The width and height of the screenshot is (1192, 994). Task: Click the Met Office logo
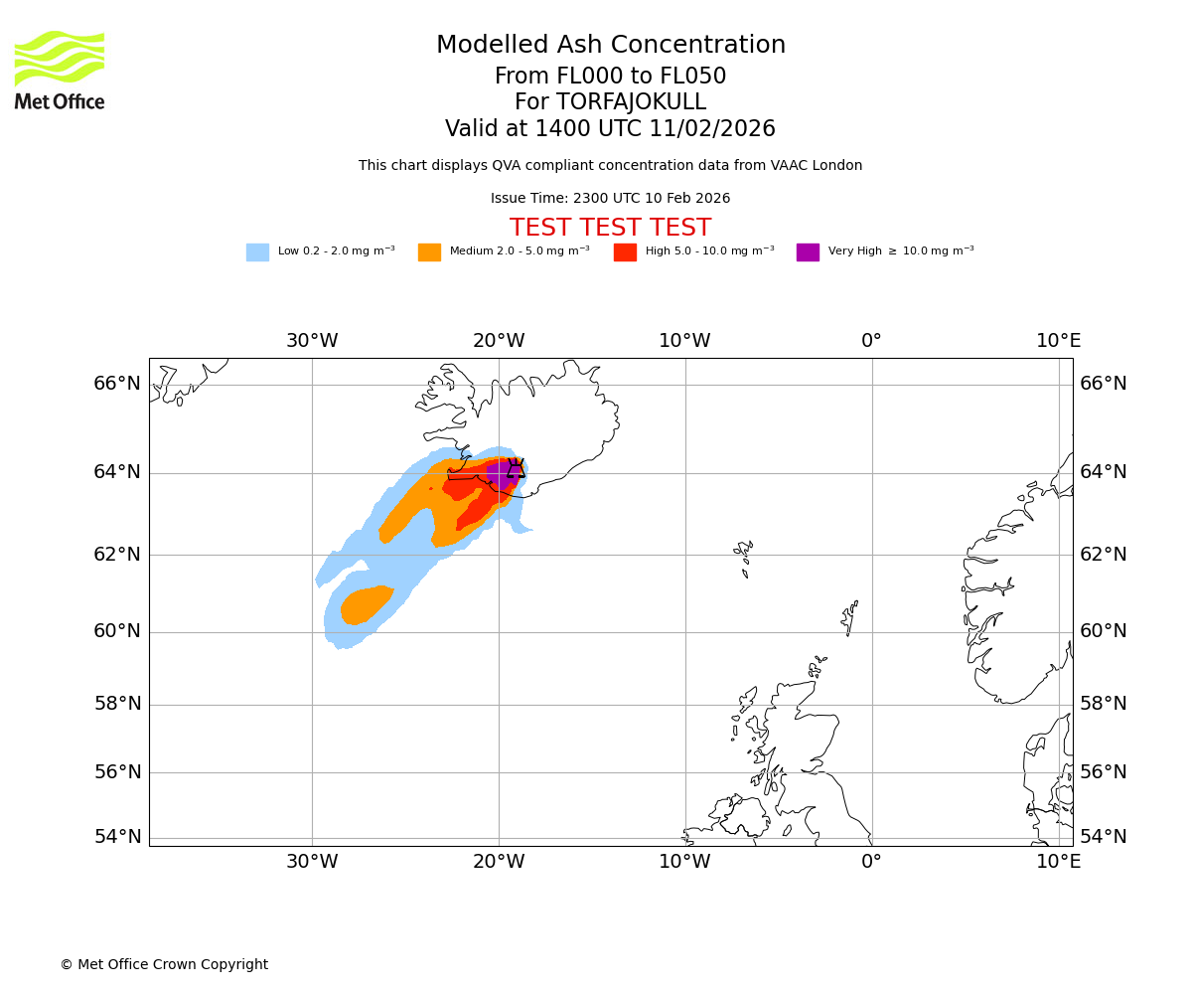pos(60,70)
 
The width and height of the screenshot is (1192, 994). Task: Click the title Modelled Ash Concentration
pos(610,46)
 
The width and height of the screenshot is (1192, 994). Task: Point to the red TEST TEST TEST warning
pos(610,229)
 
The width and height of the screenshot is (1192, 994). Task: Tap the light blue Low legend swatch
pos(257,252)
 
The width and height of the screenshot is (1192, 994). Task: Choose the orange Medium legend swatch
pos(429,252)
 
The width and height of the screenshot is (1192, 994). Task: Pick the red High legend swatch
pos(625,252)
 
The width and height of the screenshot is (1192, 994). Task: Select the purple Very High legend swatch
pos(808,252)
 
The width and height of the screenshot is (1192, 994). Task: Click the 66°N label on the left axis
pos(117,384)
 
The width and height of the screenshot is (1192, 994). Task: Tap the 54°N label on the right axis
pos(1104,837)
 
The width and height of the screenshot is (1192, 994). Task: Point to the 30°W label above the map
pos(312,341)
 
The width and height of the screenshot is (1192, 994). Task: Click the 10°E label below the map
pos(1059,862)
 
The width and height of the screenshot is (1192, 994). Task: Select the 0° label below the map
pos(871,862)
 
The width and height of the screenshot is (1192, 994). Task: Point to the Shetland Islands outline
pos(849,616)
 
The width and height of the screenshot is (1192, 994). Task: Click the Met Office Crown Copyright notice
pos(164,965)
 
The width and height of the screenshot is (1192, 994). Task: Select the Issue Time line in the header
pos(610,199)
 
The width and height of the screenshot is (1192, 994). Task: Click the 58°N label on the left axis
pos(117,704)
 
